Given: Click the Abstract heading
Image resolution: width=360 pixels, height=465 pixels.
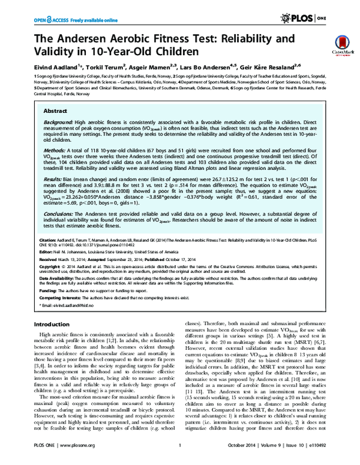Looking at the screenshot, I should click(56, 112).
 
